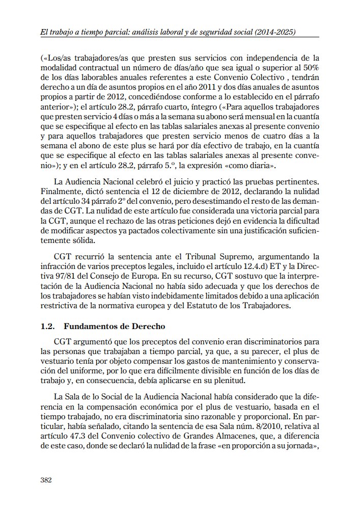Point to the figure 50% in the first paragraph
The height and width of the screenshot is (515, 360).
pyautogui.click(x=310, y=68)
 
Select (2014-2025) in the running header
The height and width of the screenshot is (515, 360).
pyautogui.click(x=273, y=32)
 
